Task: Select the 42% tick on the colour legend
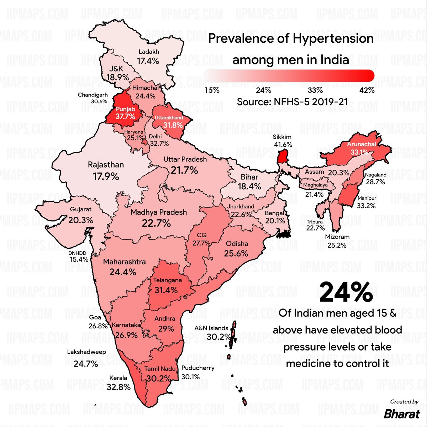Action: (367, 90)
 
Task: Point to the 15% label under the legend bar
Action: (212, 90)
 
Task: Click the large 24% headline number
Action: (346, 292)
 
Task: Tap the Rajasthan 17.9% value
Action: (106, 176)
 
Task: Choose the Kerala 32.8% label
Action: (118, 386)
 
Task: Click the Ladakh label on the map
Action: (149, 52)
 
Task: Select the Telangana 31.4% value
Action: (166, 290)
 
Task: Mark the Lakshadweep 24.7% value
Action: (86, 364)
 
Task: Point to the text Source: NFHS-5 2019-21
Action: (292, 102)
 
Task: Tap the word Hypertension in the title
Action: (333, 39)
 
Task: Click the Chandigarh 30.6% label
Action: (93, 98)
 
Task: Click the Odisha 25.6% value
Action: (236, 253)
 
